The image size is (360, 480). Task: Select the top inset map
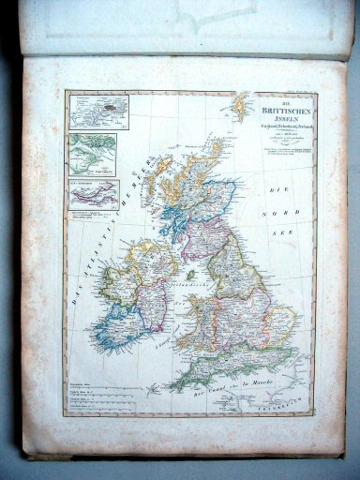coord(92,112)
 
